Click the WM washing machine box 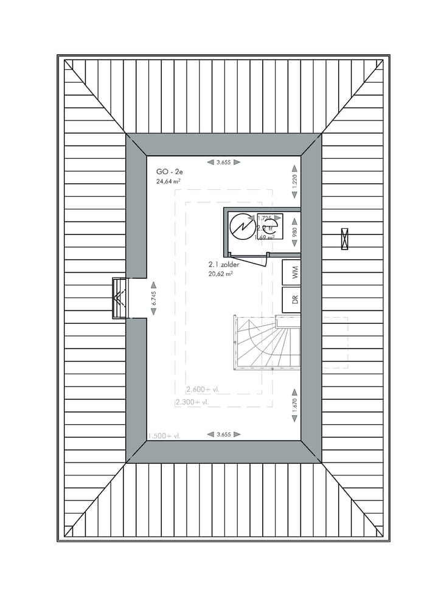point(293,273)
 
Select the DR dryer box point(293,300)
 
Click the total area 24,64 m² point(169,181)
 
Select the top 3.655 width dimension point(223,162)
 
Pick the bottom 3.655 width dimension point(223,434)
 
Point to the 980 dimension point(294,232)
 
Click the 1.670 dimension point(294,407)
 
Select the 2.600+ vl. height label point(204,390)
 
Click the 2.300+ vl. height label point(192,402)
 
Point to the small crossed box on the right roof point(346,237)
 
